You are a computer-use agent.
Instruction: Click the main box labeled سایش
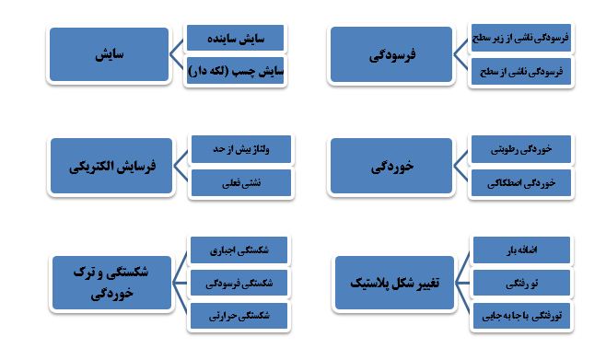point(109,56)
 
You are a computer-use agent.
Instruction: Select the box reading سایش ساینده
point(235,40)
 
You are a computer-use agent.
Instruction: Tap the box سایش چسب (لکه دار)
point(235,69)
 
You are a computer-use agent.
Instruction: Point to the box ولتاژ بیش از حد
point(239,149)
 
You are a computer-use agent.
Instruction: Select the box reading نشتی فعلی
point(239,182)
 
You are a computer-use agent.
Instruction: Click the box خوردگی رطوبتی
point(519,149)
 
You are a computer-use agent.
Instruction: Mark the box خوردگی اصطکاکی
point(519,182)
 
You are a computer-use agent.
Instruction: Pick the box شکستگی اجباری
point(239,249)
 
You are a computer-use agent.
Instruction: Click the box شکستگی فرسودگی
point(239,282)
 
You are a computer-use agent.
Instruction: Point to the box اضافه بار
point(519,249)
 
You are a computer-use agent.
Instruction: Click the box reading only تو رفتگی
point(519,282)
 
